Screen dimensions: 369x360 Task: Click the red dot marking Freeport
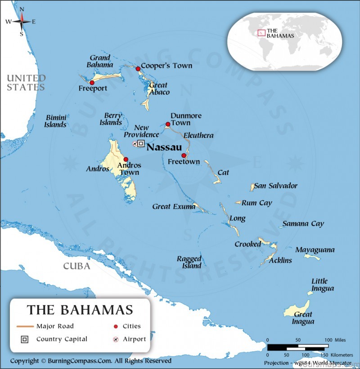[92, 83]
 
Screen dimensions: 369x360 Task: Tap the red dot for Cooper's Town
[138, 69]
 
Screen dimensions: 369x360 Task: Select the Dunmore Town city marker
[168, 124]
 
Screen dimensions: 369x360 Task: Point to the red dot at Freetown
[184, 156]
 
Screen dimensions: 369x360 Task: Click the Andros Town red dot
[126, 159]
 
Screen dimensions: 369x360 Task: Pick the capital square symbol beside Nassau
[141, 143]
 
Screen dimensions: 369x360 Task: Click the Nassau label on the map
[164, 147]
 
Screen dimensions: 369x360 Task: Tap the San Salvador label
[275, 186]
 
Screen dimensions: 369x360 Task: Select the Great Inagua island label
[303, 318]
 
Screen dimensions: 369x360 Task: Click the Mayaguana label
[315, 249]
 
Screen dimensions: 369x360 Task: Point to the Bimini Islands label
[56, 121]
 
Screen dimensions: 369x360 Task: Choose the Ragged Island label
[189, 262]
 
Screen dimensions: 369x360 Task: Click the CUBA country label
[76, 266]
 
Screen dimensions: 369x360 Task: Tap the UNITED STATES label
[26, 83]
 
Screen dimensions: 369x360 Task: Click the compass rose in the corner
[22, 21]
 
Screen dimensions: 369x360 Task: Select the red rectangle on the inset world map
[261, 33]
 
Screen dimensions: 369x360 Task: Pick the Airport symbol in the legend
[116, 339]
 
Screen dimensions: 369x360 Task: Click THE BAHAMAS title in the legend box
[80, 310]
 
